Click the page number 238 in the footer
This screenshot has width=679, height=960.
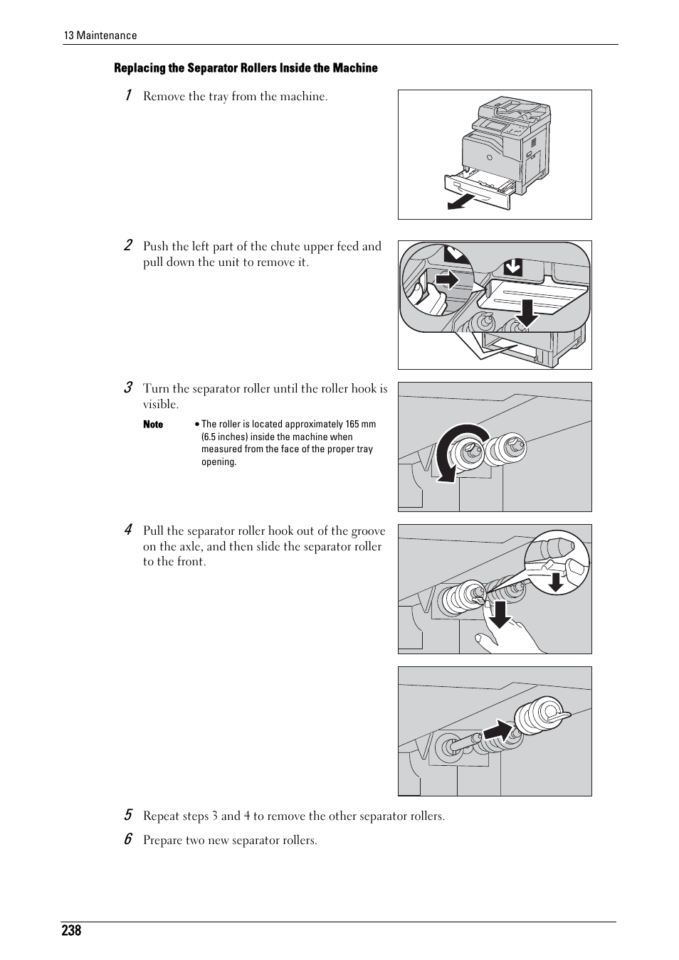[71, 931]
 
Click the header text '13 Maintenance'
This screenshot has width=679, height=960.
[100, 36]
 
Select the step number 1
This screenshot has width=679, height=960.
[128, 95]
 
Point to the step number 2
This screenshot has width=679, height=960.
[128, 245]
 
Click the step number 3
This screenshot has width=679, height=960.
[128, 388]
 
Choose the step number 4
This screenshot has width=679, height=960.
[128, 530]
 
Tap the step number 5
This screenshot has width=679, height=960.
[128, 815]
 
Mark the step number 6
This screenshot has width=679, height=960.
[128, 839]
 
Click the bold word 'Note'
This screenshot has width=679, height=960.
[153, 425]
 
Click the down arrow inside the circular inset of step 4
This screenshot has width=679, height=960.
[556, 580]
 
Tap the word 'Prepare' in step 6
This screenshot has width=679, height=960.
[162, 841]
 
